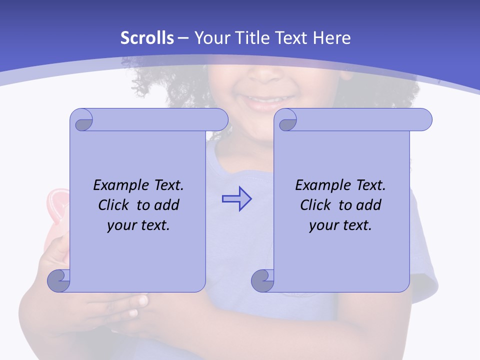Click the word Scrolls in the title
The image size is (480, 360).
147,38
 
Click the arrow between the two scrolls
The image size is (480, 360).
236,199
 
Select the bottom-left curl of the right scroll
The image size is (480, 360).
263,280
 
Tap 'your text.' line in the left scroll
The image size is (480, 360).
138,225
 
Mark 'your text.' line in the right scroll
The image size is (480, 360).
340,225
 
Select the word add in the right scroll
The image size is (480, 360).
370,205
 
